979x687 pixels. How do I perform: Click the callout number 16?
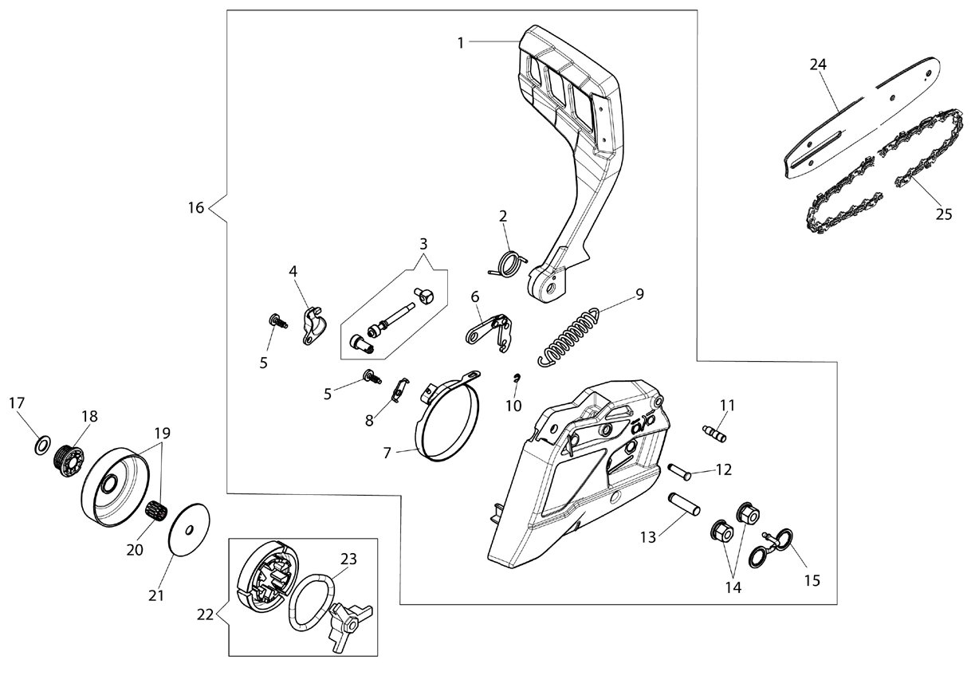click(196, 207)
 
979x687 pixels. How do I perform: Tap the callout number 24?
click(818, 65)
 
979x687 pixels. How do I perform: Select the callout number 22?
click(205, 615)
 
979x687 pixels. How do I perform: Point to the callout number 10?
click(514, 406)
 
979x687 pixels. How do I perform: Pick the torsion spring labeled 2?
click(509, 264)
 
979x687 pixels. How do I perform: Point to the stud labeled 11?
click(714, 434)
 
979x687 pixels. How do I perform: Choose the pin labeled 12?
click(679, 473)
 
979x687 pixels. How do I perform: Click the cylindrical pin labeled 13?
click(684, 504)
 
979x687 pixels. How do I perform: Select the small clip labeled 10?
click(517, 378)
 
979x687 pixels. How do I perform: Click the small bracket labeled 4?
click(314, 326)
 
